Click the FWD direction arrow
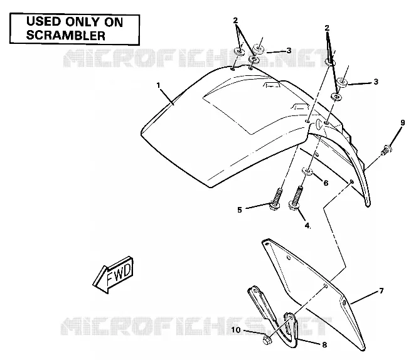pos(113,275)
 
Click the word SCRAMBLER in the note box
pos(66,35)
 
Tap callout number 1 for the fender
pos(158,85)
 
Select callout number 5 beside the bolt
pos(240,210)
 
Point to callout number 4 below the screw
pos(307,225)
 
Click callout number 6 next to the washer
pos(326,183)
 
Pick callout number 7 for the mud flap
pos(382,290)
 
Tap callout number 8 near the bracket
pos(324,345)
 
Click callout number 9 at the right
pos(403,123)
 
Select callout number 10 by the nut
pos(236,330)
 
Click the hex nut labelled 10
pos(267,340)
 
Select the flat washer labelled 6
pos(307,171)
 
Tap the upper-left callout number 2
pos(235,20)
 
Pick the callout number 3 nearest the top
pos(289,50)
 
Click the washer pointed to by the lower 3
pos(342,82)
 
